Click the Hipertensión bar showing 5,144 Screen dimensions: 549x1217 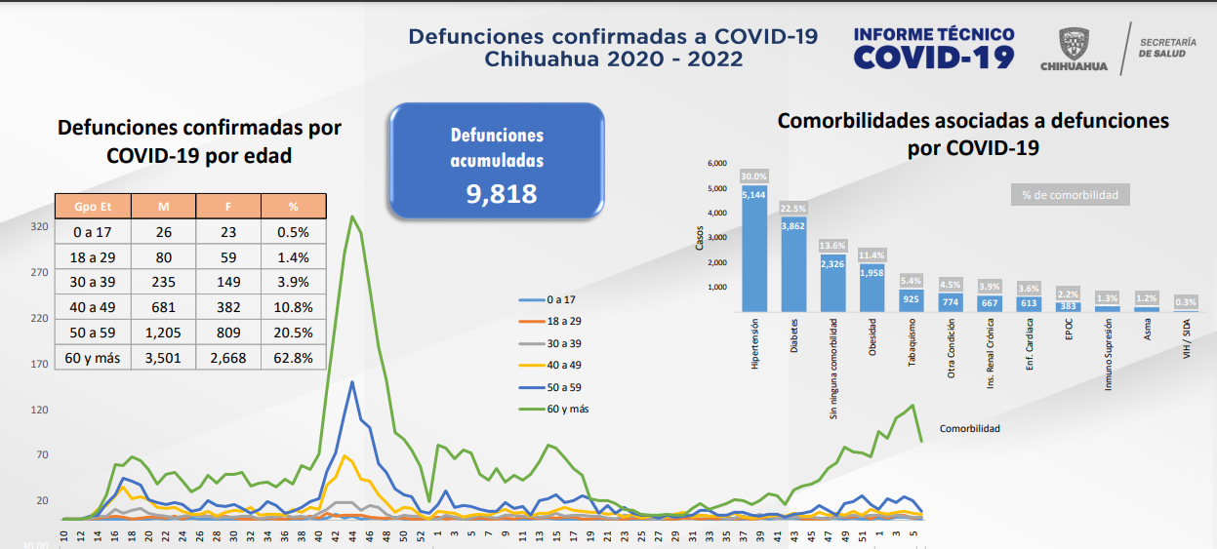tap(754, 249)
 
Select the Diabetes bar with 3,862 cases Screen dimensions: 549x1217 tap(793, 263)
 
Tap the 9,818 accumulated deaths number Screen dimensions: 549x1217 tap(502, 193)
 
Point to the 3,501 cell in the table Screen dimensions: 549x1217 tap(163, 358)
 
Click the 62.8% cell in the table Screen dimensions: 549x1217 tap(293, 358)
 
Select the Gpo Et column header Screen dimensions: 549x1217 tap(92, 206)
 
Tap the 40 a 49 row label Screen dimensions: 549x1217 tap(92, 307)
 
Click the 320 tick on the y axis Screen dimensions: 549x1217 tap(39, 226)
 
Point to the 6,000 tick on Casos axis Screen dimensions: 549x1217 tap(716, 163)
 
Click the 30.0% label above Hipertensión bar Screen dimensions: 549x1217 tap(754, 176)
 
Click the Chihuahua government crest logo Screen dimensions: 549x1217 tap(1074, 44)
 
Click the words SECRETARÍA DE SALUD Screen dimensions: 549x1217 tap(1166, 49)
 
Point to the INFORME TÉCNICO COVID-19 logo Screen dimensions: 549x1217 tap(933, 49)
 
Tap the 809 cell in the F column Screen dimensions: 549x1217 tap(228, 333)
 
